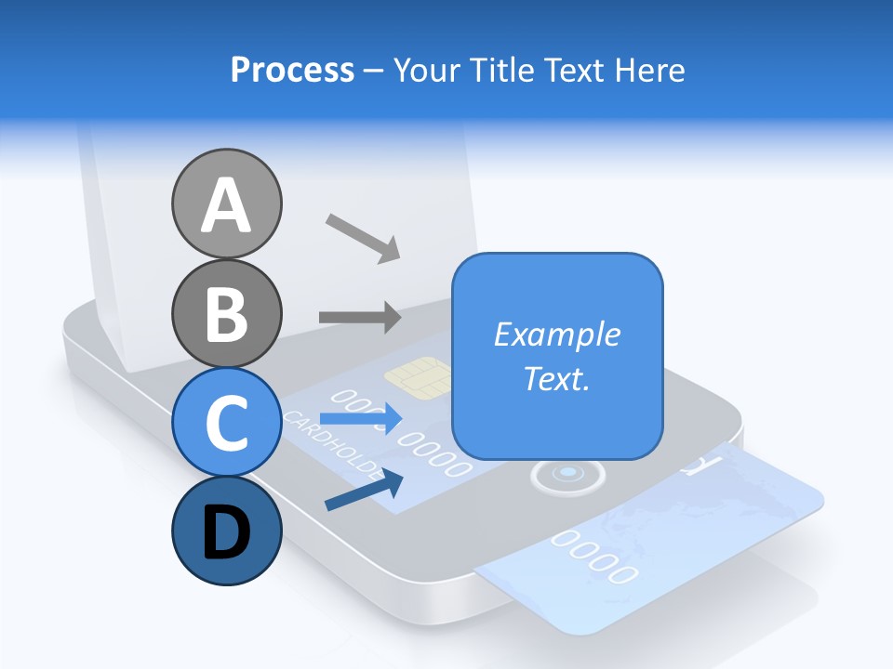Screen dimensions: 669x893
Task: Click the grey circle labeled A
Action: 226,203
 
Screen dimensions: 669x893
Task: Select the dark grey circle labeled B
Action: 226,314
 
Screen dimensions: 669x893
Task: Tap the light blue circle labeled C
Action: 226,423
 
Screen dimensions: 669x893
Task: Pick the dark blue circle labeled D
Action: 226,531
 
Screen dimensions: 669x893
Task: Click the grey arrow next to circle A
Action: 363,237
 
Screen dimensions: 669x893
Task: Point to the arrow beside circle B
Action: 360,317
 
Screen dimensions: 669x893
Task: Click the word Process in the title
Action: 292,70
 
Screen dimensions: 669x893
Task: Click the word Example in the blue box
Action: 556,334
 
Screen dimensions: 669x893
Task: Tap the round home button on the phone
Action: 567,475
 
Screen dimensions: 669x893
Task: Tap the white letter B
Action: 226,314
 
